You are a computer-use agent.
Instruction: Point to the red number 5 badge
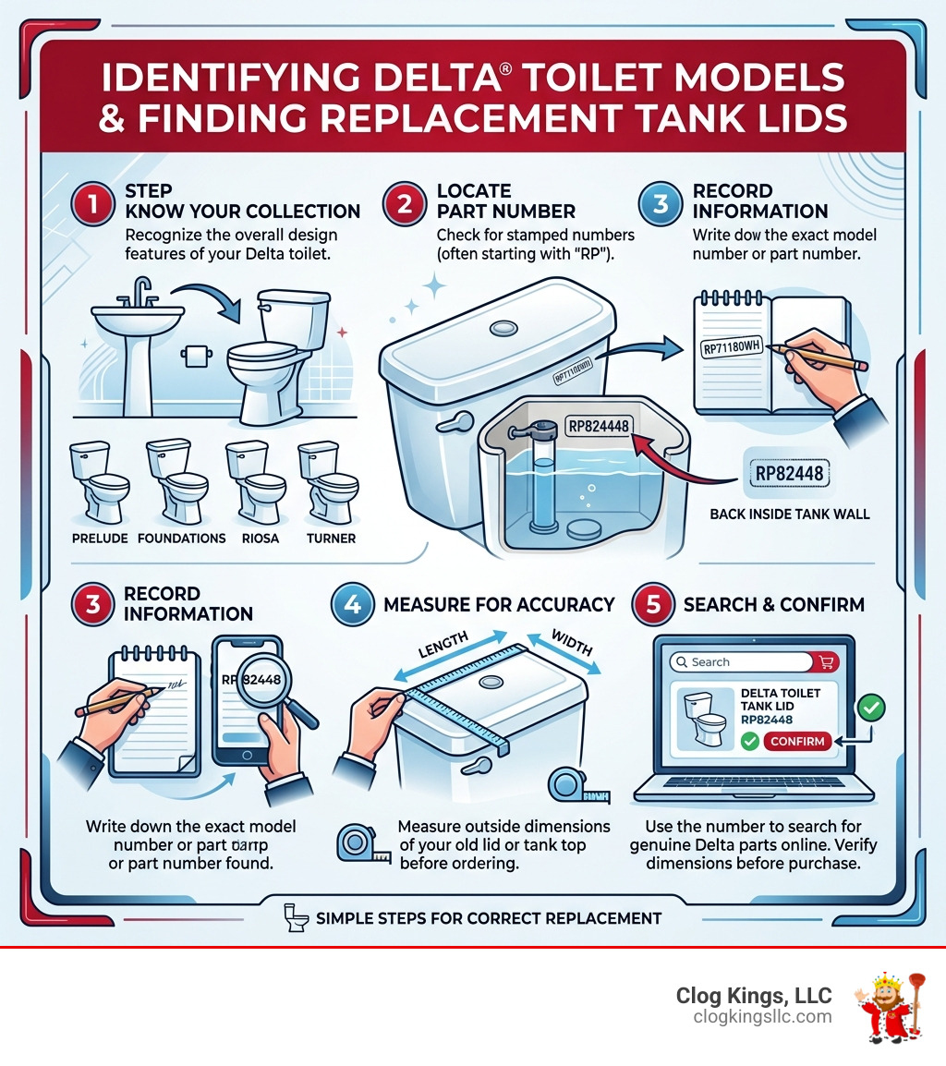(x=653, y=604)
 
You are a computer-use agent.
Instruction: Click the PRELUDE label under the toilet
(x=98, y=538)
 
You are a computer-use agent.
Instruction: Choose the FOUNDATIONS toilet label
(x=181, y=538)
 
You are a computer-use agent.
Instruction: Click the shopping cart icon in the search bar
(x=826, y=661)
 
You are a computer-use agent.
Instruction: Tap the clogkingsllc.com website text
(x=762, y=1017)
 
